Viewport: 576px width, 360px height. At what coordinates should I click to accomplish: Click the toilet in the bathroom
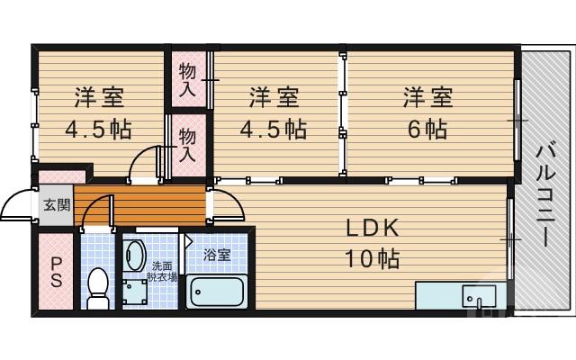coord(97,287)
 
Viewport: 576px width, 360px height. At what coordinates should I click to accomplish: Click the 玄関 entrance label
coord(56,204)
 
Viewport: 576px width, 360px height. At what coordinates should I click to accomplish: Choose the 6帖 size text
coord(427,129)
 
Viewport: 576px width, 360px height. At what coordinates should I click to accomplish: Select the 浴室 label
coord(217,255)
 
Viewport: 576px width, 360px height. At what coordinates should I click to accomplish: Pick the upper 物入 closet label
coord(188,79)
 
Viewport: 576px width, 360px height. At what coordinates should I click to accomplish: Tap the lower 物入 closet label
coord(188,144)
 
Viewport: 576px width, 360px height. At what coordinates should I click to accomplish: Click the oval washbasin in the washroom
coord(134,255)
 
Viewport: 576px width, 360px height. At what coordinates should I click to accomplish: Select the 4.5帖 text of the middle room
coord(273,129)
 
